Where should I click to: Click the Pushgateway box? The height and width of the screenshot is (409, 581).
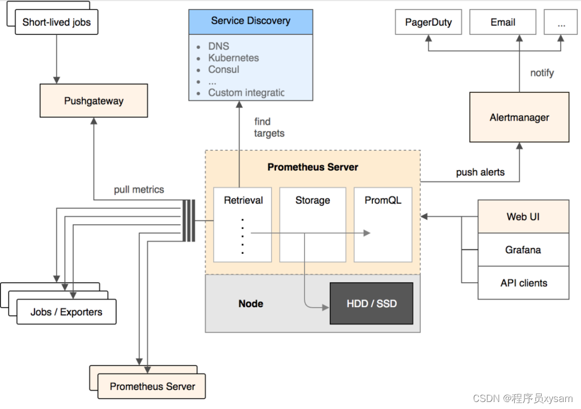(x=94, y=101)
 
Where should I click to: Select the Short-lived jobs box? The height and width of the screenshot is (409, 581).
(x=56, y=23)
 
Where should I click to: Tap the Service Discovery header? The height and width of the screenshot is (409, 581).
(x=251, y=21)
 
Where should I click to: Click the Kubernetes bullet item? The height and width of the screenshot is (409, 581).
(x=233, y=58)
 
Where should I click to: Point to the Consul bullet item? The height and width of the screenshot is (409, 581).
(x=224, y=70)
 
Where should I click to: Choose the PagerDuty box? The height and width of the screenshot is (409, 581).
(x=428, y=23)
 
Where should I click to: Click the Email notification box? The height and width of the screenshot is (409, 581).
(x=502, y=23)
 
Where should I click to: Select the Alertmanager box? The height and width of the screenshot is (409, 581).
(x=519, y=117)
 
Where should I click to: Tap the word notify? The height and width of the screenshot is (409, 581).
(x=542, y=73)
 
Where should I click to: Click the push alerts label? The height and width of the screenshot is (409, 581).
(x=480, y=172)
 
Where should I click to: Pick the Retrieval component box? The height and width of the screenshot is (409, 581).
(x=243, y=224)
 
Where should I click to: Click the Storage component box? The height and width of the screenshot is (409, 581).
(x=313, y=224)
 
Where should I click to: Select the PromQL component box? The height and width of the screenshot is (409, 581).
(x=382, y=224)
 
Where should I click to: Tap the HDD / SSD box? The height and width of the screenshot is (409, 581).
(x=371, y=303)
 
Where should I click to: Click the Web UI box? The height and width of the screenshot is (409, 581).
(x=523, y=217)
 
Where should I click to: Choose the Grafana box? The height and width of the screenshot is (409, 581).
(x=523, y=250)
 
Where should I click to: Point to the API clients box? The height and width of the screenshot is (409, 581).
(x=523, y=283)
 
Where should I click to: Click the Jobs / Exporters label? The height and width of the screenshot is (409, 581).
(x=66, y=312)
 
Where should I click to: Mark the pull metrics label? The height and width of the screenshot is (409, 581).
(x=139, y=190)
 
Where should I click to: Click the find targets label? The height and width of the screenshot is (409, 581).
(x=269, y=127)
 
